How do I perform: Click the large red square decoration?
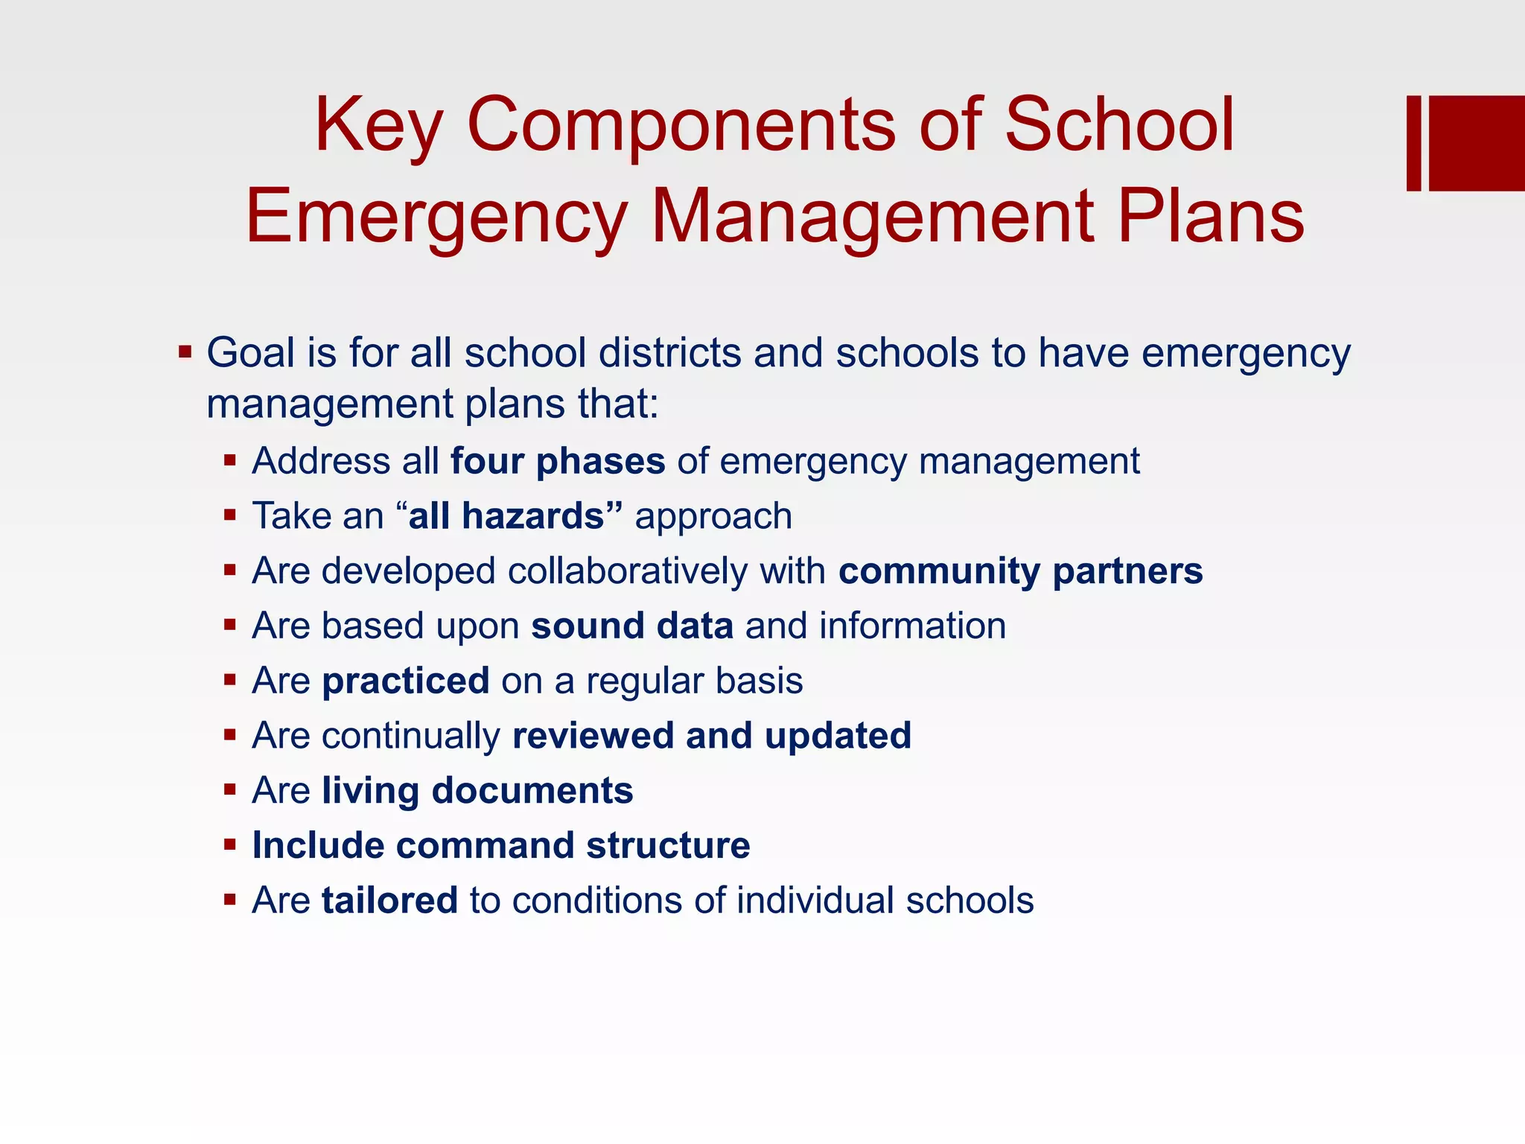tap(1476, 143)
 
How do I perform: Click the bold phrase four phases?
tap(558, 461)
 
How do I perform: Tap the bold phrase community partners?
tap(1020, 571)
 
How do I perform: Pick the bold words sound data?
tap(632, 626)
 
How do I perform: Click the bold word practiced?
tap(406, 681)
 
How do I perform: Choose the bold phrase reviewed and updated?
tap(712, 736)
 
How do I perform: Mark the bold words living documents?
tap(477, 790)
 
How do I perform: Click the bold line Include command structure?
tap(501, 845)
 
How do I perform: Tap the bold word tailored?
tap(389, 900)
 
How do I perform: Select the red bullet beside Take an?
tap(230, 515)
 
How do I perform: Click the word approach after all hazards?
tap(713, 516)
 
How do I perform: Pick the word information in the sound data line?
tap(912, 626)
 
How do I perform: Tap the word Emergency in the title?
tap(436, 217)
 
